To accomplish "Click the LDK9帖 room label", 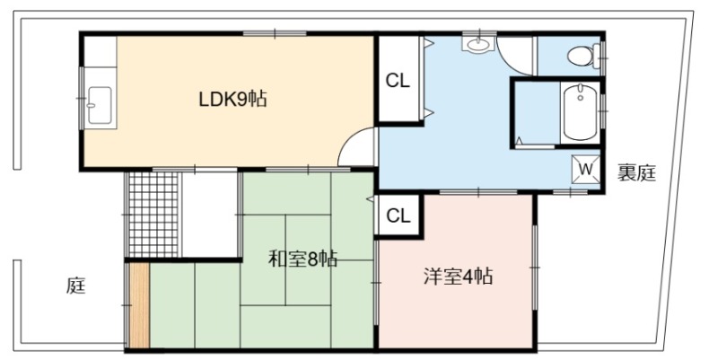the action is [x=232, y=99].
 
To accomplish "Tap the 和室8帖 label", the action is [x=302, y=259].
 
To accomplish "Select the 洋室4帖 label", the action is [x=458, y=277].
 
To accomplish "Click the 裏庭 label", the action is [x=637, y=172].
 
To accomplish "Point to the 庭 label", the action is [x=76, y=285].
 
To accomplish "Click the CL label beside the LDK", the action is [x=398, y=81].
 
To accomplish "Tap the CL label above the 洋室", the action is [x=398, y=215].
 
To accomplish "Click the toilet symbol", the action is [x=583, y=56].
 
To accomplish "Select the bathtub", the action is [x=580, y=113].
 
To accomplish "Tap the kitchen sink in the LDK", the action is [x=100, y=105].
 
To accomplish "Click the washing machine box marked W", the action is [x=586, y=170].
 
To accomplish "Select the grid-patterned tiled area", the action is [x=153, y=215].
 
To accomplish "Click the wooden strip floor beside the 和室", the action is [x=139, y=305].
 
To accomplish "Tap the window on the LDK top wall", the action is [x=275, y=33].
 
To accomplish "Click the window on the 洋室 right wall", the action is [x=534, y=267].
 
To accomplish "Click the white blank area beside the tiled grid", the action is [x=210, y=215].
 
